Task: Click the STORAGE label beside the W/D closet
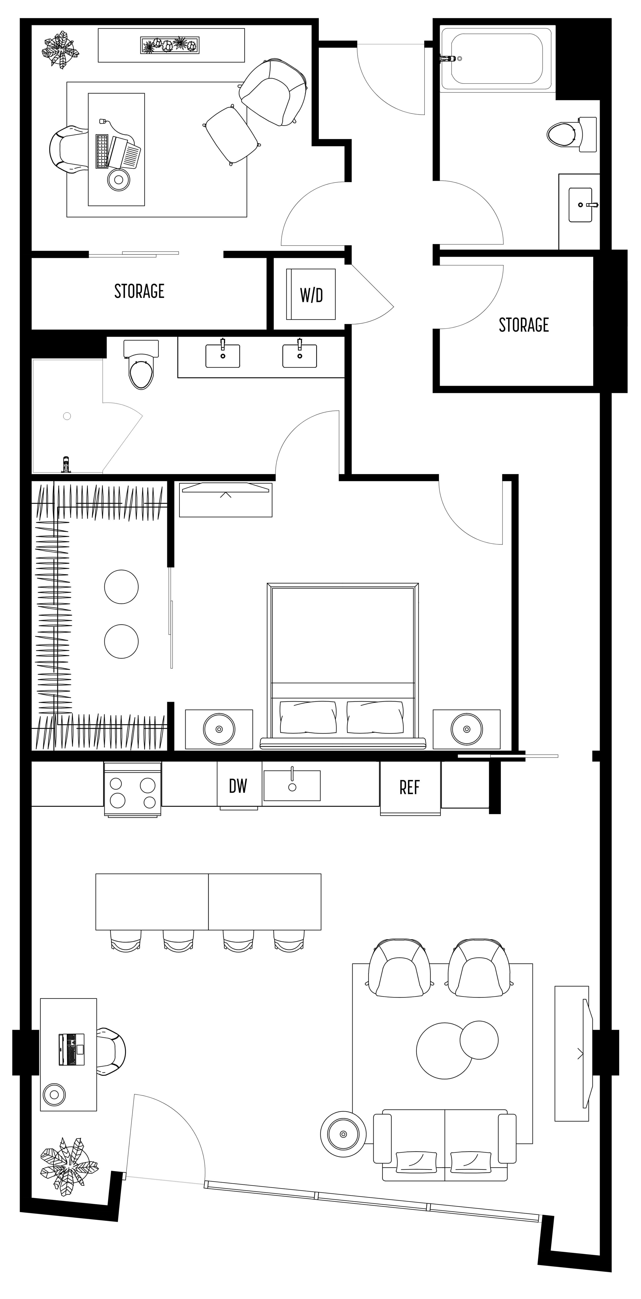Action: coord(139,291)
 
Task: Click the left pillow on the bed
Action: coord(308,717)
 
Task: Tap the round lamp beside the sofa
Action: coord(343,1134)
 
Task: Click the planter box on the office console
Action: coord(170,45)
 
